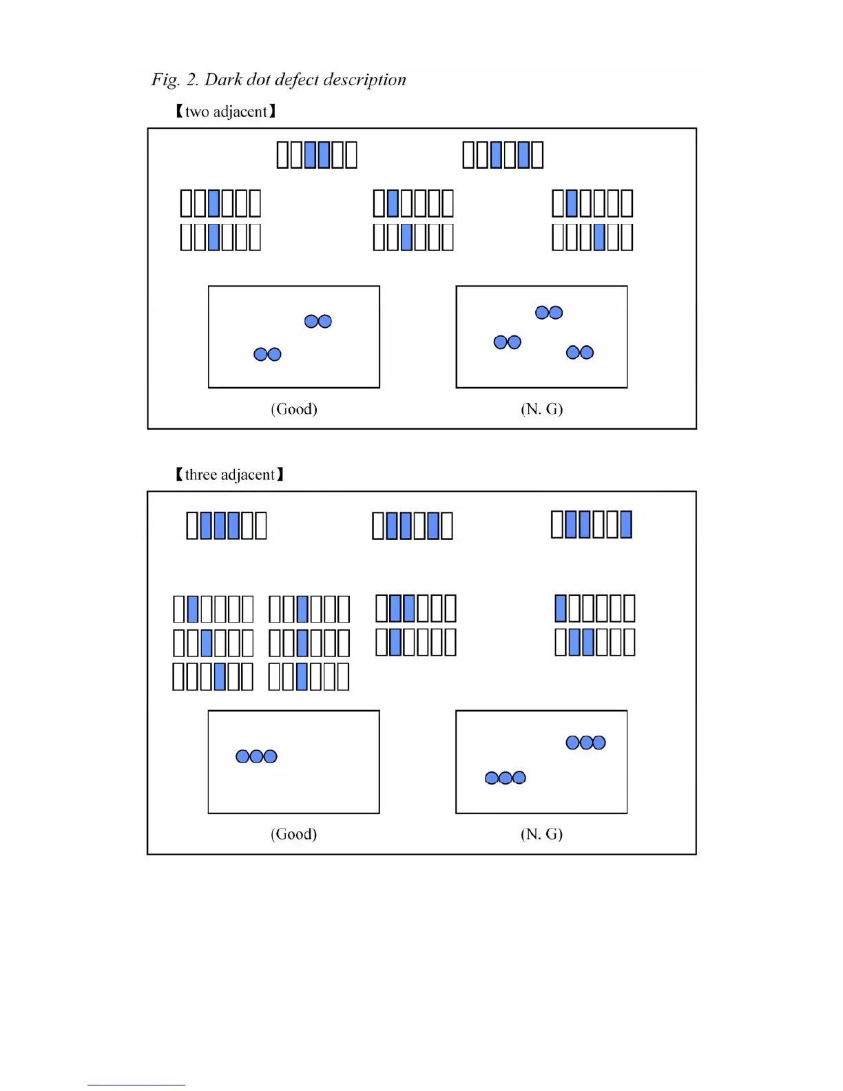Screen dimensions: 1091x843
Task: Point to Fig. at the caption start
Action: point(165,80)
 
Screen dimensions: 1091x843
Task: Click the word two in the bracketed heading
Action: point(196,112)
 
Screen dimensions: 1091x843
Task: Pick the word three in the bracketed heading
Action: point(201,475)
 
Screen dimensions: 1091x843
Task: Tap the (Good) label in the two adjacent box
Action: point(294,409)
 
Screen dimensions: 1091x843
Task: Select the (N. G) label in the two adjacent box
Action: point(541,409)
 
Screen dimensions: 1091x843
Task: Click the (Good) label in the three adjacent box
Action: point(294,834)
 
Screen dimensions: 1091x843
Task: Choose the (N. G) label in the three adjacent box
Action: point(541,834)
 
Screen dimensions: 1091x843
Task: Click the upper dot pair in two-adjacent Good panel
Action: point(318,322)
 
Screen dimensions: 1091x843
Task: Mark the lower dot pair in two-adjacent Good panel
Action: point(268,355)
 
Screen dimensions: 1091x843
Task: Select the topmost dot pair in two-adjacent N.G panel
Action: point(549,313)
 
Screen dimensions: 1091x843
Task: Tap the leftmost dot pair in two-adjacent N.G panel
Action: point(508,342)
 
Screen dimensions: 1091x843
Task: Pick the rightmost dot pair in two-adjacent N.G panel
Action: point(580,353)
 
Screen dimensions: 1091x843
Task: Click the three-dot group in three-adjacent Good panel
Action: point(256,757)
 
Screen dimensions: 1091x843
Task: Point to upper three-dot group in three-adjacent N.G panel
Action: point(585,742)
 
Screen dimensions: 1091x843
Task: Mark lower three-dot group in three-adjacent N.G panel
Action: point(506,778)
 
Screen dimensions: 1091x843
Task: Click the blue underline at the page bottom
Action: point(136,1085)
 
